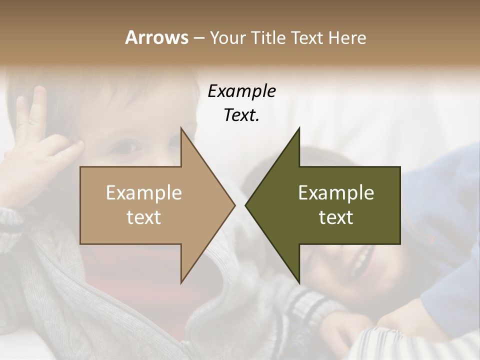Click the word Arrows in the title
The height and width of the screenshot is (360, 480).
pos(156,37)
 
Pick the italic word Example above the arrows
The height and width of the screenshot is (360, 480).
pos(241,91)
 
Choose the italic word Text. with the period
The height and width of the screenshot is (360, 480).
pos(241,115)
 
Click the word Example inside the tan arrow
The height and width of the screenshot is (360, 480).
pos(144,193)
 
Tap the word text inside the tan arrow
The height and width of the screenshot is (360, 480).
pos(144,217)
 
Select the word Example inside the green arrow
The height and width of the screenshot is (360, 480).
pos(336,193)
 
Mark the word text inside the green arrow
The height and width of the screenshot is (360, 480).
pos(336,217)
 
